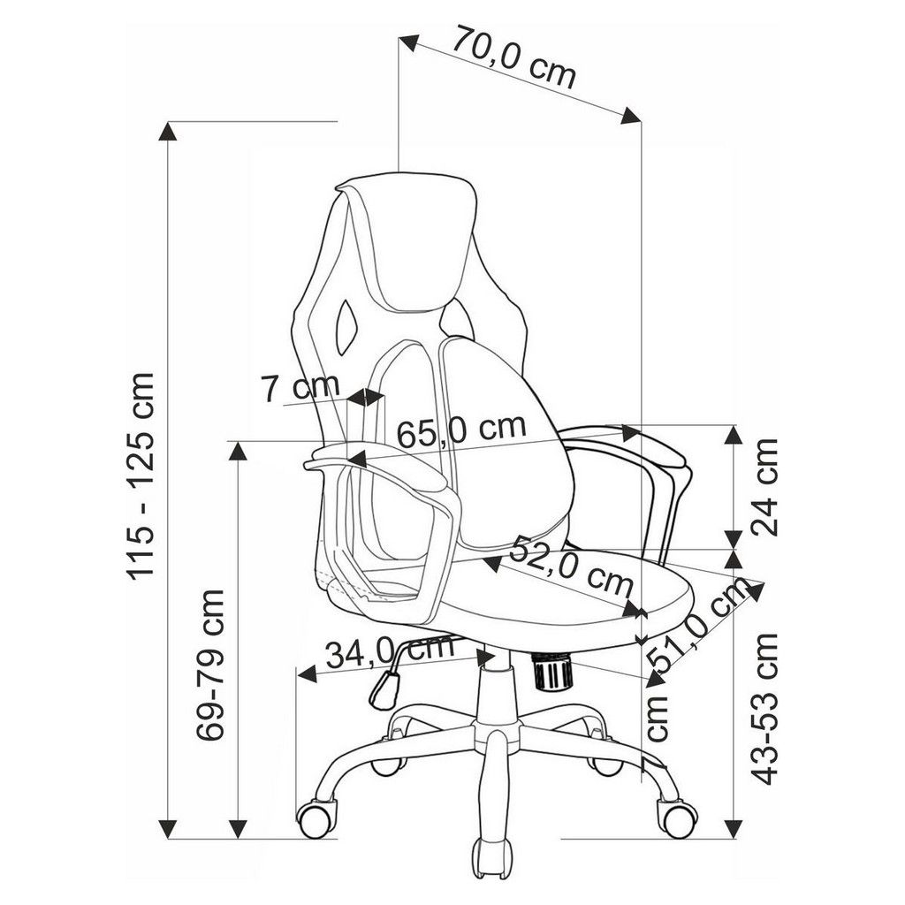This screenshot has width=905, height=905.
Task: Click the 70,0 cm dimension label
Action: (x=513, y=56)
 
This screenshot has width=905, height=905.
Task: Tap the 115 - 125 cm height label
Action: (x=140, y=476)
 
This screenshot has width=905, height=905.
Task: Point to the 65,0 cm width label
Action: (x=461, y=430)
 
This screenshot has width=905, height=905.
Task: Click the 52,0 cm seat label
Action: (x=571, y=567)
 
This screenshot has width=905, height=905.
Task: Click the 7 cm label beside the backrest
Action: (x=300, y=387)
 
